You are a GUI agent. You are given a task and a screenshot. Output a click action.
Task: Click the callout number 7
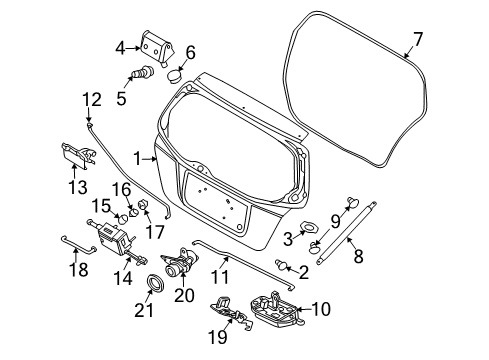coord(418,39)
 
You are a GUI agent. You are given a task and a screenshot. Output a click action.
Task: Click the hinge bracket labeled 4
coord(154,46)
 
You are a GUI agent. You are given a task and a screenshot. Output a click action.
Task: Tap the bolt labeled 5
coord(146,72)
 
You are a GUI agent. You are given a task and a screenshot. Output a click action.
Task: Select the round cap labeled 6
coord(174,73)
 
